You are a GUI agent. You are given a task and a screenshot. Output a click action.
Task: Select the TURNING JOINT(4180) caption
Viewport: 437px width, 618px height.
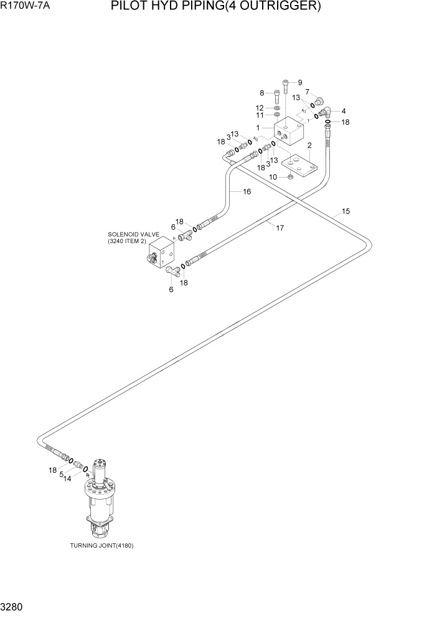click(x=101, y=546)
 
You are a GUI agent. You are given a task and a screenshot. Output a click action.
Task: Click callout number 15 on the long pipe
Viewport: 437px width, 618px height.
click(x=345, y=211)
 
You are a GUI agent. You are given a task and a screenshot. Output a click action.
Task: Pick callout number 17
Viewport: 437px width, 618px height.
click(x=280, y=228)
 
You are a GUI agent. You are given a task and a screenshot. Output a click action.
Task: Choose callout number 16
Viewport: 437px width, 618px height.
click(x=247, y=192)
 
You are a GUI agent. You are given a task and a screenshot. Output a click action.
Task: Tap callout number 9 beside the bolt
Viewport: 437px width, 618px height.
click(x=299, y=83)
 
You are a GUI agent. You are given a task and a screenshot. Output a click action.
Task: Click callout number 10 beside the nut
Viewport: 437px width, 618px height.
click(x=273, y=178)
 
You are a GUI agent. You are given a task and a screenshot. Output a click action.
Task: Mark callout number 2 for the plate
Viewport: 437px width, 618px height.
click(x=309, y=146)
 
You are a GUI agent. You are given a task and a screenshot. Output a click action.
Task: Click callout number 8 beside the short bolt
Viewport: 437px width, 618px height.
click(x=263, y=93)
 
